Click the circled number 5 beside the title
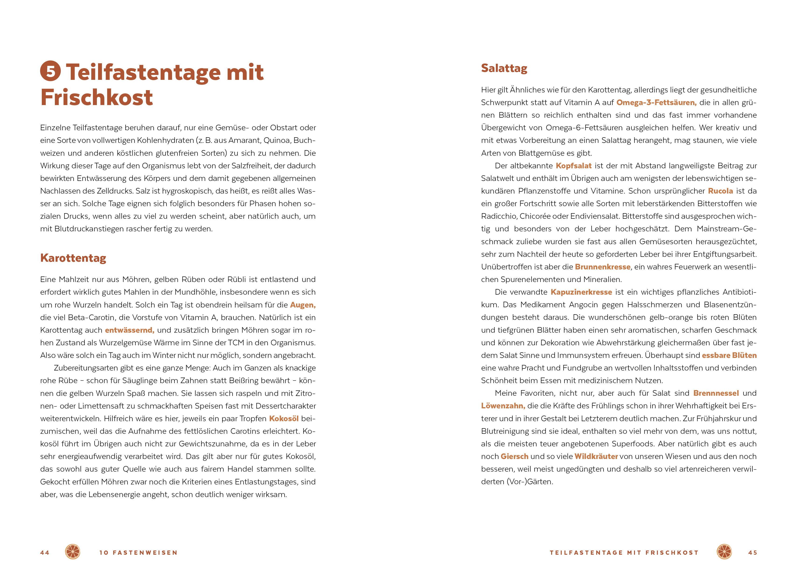50,71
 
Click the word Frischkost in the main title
97,97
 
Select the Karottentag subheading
73,258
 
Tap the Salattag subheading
504,68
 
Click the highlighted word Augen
303,305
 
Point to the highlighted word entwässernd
129,330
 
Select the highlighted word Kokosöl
284,419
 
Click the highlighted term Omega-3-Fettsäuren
656,102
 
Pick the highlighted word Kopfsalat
574,166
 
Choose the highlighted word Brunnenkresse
602,267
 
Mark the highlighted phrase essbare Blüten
729,356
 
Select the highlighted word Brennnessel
716,393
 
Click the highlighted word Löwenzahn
503,406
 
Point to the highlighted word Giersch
514,457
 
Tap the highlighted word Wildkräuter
596,457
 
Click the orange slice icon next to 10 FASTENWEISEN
73,552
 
